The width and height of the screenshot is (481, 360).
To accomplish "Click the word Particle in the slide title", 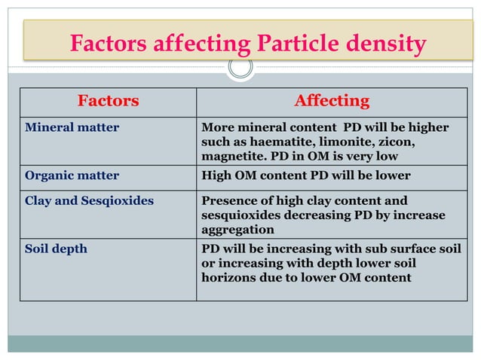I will click(x=289, y=44).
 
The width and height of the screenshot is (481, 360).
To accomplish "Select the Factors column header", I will click(x=108, y=101).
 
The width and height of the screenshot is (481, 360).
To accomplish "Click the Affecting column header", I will click(x=332, y=101).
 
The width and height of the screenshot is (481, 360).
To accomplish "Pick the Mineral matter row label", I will click(x=72, y=127).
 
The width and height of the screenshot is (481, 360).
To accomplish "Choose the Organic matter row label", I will click(x=72, y=175).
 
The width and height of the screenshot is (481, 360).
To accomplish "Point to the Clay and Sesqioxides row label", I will click(x=89, y=200).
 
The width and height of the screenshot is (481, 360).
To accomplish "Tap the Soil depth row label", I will click(x=56, y=249).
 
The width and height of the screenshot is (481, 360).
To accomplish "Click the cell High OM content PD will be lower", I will click(x=306, y=175).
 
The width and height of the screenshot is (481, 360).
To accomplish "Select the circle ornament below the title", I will click(x=240, y=68).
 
